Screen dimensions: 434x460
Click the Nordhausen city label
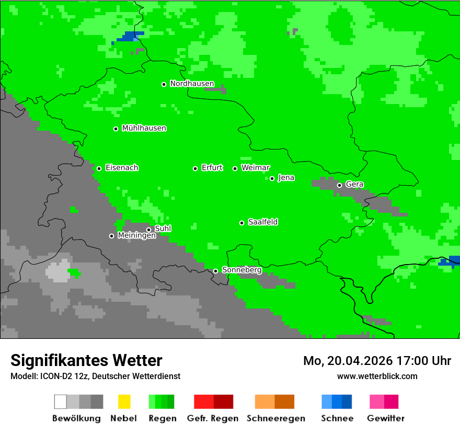coord(192,84)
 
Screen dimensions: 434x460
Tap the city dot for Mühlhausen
coord(116,129)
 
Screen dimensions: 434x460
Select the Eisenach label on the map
coord(122,168)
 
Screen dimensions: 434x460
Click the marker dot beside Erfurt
coord(195,168)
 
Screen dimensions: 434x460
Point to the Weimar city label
coord(256,168)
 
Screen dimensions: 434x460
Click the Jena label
coord(286,178)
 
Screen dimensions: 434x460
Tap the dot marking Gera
coord(339,185)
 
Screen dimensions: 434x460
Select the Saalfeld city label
coord(263,222)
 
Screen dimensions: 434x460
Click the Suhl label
coord(163,229)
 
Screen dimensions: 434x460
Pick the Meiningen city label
coord(136,236)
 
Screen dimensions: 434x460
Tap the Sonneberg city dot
coord(215,271)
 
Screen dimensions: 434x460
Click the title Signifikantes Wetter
coord(86,361)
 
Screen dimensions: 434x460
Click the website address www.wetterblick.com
coord(377,376)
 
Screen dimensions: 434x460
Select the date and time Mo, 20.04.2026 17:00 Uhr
coord(377,361)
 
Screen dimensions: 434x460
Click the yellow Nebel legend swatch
coord(124,402)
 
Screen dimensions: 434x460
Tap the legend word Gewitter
coord(386,418)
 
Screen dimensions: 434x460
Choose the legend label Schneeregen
coord(275,418)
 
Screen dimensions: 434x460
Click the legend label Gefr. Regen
coord(213,418)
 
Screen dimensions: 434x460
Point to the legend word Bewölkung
coord(76,418)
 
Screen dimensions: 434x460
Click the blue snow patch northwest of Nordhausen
coord(129,37)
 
